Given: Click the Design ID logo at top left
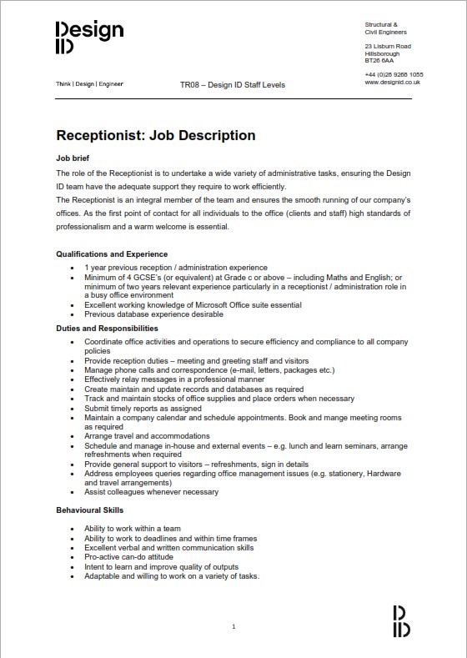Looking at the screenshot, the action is tap(89, 38).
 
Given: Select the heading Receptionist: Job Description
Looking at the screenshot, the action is tap(155, 135).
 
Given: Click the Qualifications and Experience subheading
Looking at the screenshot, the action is tap(112, 254).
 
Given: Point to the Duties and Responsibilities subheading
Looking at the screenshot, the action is tap(107, 329).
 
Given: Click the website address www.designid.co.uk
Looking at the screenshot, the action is tap(392, 82).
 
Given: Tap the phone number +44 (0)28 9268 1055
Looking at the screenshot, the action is tap(394, 74).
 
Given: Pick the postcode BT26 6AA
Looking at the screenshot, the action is tap(379, 61).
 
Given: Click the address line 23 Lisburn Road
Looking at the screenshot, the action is tap(388, 46).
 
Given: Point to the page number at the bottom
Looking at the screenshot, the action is tap(233, 626).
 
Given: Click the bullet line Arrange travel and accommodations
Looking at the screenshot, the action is tap(147, 436).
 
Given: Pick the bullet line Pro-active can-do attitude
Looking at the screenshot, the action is tap(128, 557).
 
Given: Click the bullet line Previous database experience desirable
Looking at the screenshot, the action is tap(153, 314).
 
